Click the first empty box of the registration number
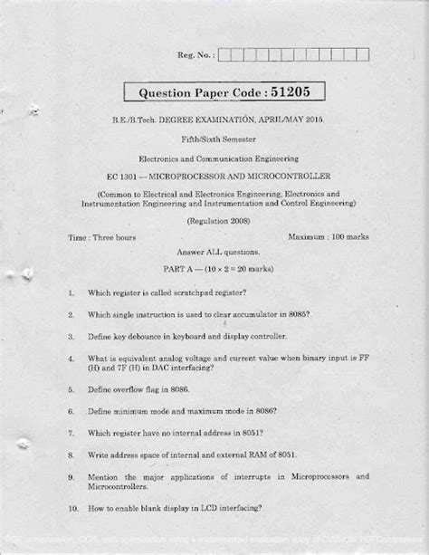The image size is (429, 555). [x=224, y=55]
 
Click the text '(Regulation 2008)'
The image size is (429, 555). [x=218, y=220]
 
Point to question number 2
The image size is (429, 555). [x=71, y=315]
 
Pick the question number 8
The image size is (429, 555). [x=71, y=455]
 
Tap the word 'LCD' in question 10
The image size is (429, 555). [x=208, y=508]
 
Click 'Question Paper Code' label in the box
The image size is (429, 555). [x=196, y=92]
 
